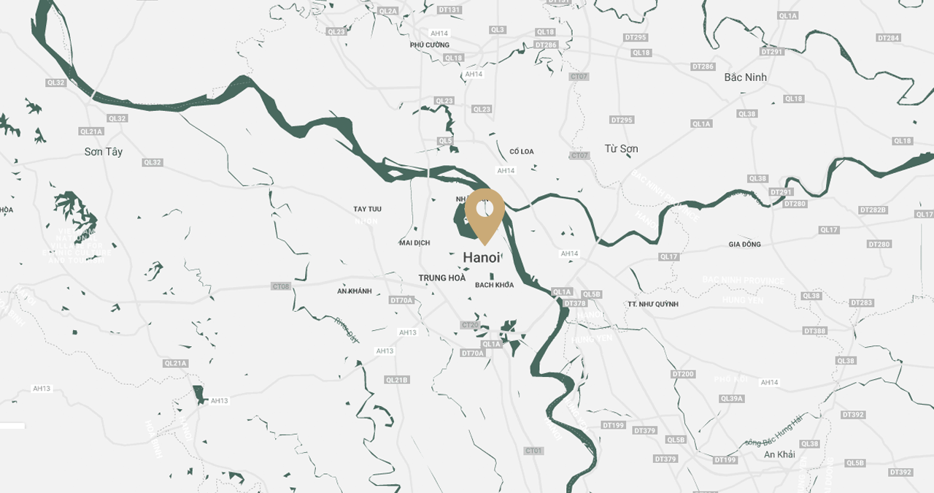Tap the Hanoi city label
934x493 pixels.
point(482,258)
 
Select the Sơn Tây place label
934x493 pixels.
point(104,152)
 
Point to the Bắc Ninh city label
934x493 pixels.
point(745,77)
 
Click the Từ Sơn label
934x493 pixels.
point(621,149)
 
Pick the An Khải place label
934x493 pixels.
point(779,454)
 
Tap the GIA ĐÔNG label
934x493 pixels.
point(744,245)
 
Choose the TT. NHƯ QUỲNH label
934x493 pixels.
point(652,304)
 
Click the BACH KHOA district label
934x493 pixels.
point(494,285)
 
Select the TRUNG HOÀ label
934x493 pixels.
point(442,278)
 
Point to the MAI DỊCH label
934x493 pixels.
point(414,242)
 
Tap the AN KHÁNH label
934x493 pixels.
point(355,291)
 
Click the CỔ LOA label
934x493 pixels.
point(522,152)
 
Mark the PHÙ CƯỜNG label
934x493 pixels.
point(430,45)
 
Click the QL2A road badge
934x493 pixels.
point(389,11)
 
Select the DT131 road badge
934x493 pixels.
point(450,10)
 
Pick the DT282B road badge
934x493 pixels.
point(873,210)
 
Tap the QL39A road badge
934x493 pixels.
point(731,399)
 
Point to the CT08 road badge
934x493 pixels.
point(280,286)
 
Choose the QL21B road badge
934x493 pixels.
point(397,380)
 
